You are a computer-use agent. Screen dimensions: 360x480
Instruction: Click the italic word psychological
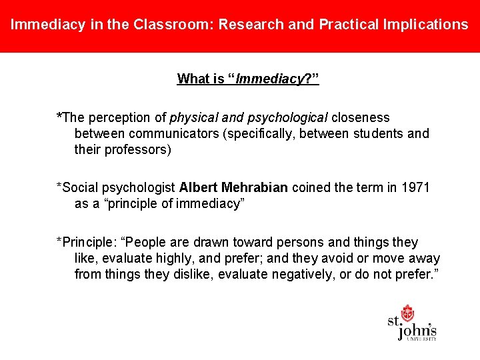click(x=287, y=117)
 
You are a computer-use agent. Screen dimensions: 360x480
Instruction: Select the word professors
click(x=134, y=149)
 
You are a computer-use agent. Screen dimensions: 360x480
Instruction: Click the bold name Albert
click(x=198, y=187)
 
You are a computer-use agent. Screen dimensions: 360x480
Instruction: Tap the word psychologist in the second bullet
click(x=138, y=187)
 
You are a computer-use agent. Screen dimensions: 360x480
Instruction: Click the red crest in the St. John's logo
click(x=407, y=313)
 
